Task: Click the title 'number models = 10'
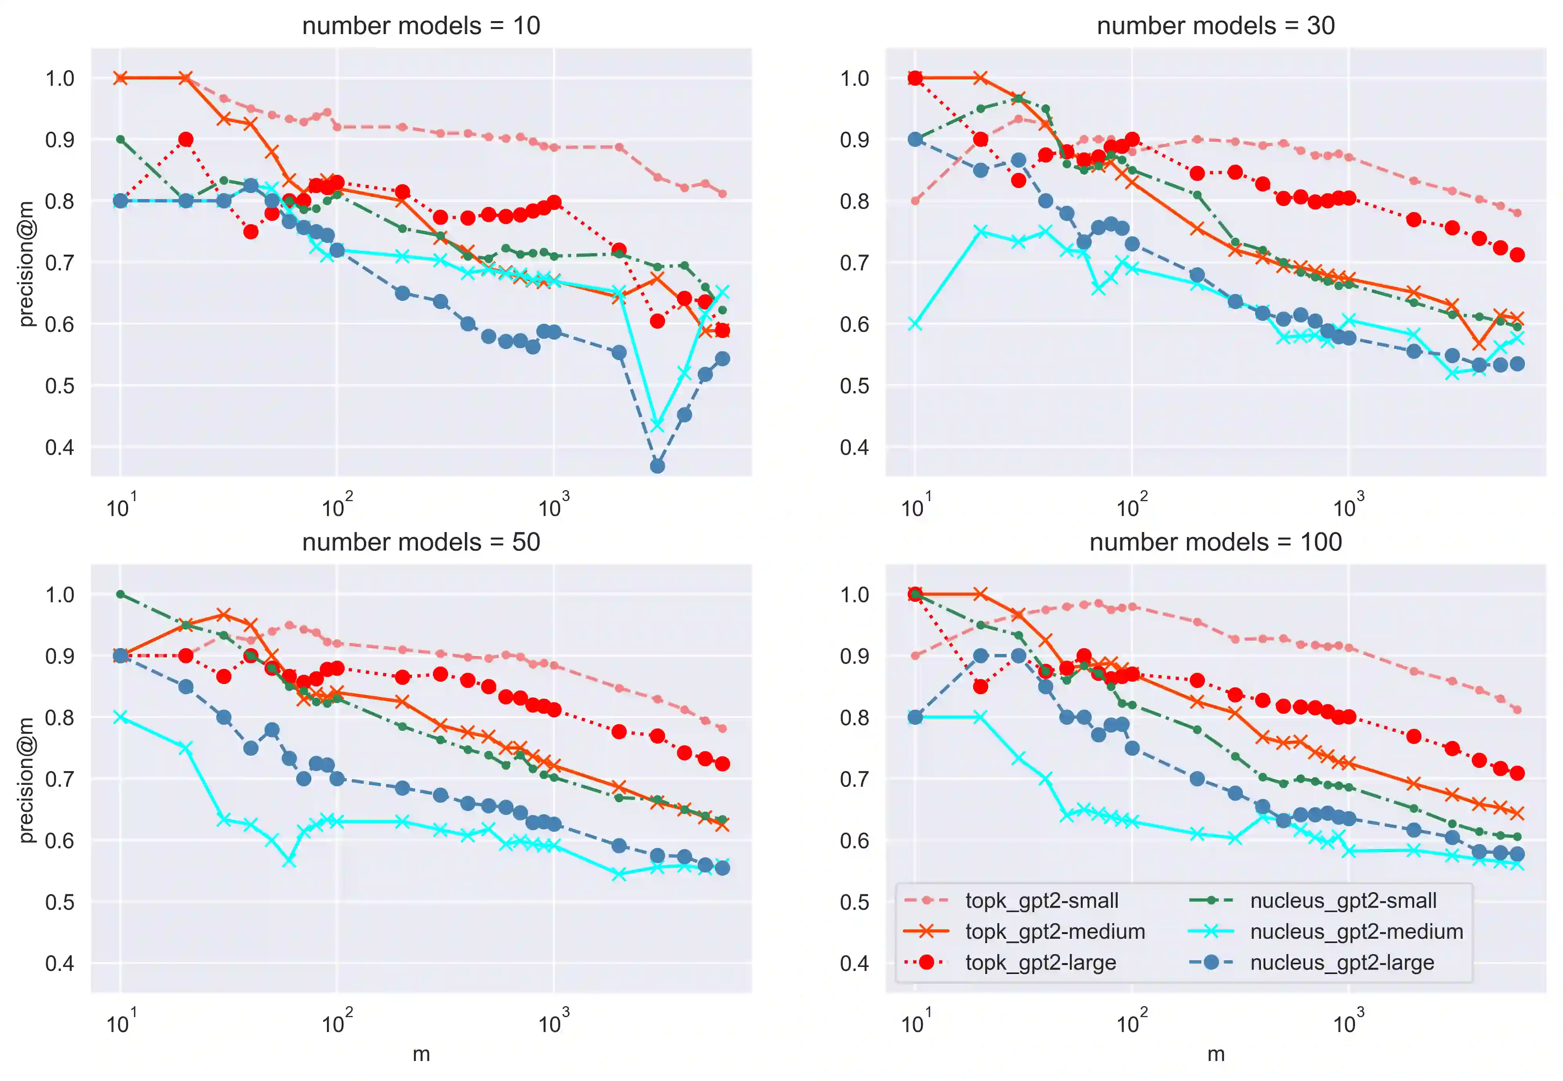click(421, 26)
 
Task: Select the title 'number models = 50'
click(421, 542)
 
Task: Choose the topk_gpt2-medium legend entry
click(1055, 931)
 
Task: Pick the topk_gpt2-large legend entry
click(1040, 962)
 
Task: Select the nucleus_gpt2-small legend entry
click(1343, 900)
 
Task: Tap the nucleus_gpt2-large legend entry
click(1342, 962)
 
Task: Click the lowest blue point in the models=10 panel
click(657, 466)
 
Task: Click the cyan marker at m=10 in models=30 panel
click(915, 324)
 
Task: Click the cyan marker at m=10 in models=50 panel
click(121, 717)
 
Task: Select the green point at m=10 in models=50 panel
click(121, 594)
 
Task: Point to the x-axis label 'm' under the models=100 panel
click(1216, 1054)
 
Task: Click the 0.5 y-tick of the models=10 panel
click(60, 386)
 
